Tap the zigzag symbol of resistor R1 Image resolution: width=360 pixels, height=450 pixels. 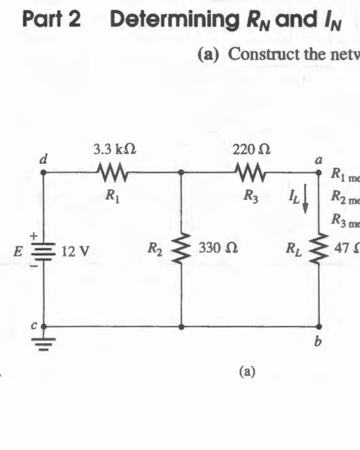(x=114, y=172)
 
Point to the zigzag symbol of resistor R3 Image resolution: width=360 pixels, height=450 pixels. (x=248, y=172)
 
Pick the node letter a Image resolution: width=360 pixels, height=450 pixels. (x=318, y=161)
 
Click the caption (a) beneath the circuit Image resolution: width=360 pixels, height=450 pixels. (x=246, y=371)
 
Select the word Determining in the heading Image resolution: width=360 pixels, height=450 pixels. (x=163, y=19)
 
